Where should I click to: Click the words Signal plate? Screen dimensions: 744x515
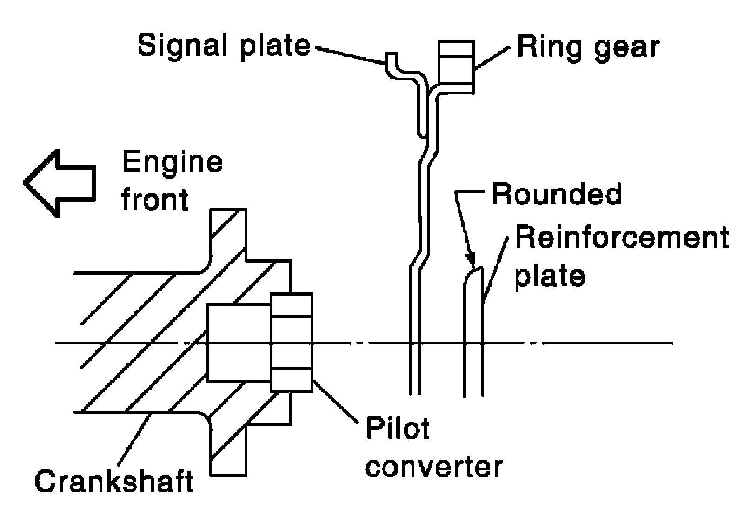point(224,46)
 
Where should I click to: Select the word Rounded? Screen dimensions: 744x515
point(556,194)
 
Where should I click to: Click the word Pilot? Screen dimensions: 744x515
point(398,429)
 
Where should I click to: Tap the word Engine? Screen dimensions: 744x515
point(173,163)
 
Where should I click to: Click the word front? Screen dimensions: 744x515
point(155,199)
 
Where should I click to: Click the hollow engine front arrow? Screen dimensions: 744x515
point(60,183)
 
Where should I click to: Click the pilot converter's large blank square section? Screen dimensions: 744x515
point(238,343)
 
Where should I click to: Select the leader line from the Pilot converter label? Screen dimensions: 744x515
point(335,403)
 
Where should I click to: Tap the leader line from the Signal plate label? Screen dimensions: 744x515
point(350,56)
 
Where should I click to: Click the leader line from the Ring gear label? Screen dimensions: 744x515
point(492,59)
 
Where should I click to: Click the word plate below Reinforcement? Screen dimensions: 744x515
point(550,277)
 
